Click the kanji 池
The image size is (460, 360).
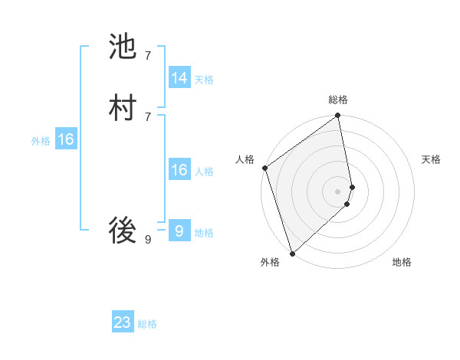(x=123, y=47)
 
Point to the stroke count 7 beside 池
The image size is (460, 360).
(x=147, y=55)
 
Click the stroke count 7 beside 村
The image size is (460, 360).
(x=147, y=116)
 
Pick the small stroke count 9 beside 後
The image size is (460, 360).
(x=147, y=240)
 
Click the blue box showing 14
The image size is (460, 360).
(x=179, y=78)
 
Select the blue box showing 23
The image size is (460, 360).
(x=123, y=322)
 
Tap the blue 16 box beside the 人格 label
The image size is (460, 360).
(x=179, y=170)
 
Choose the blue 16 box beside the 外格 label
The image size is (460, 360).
(x=65, y=139)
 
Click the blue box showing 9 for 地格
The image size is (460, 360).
(x=179, y=231)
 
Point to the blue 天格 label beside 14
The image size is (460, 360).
(x=204, y=80)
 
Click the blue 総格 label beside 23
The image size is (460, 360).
(x=147, y=324)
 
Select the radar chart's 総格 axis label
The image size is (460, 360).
(x=338, y=100)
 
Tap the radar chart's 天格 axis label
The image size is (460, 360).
(x=431, y=159)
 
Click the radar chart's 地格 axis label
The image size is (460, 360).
(x=402, y=263)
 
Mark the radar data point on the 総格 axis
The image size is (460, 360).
(x=338, y=116)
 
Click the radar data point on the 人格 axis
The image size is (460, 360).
(x=264, y=168)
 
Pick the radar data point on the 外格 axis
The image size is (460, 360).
(x=292, y=253)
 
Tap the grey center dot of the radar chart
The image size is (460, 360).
(x=338, y=191)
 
